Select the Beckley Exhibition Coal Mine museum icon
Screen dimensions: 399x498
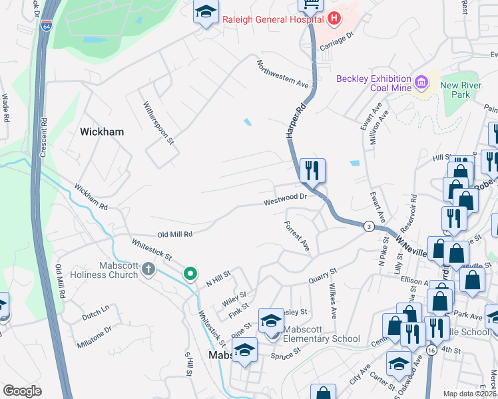[x=420, y=83]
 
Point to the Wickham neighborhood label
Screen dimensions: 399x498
[x=102, y=132]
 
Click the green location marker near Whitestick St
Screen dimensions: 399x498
[x=190, y=273]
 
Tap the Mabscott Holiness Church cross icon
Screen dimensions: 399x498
[x=148, y=269]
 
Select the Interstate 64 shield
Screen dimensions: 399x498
[x=45, y=27]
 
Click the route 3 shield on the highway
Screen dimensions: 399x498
[x=368, y=227]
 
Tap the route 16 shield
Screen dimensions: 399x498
[x=432, y=350]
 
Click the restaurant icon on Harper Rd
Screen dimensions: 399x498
[x=312, y=171]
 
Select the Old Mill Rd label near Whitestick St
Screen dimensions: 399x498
[x=174, y=234]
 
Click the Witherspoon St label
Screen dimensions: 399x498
[x=158, y=123]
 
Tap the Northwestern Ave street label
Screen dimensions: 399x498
[x=284, y=74]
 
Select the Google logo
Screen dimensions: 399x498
[x=22, y=390]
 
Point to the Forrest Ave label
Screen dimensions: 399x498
[x=297, y=236]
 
